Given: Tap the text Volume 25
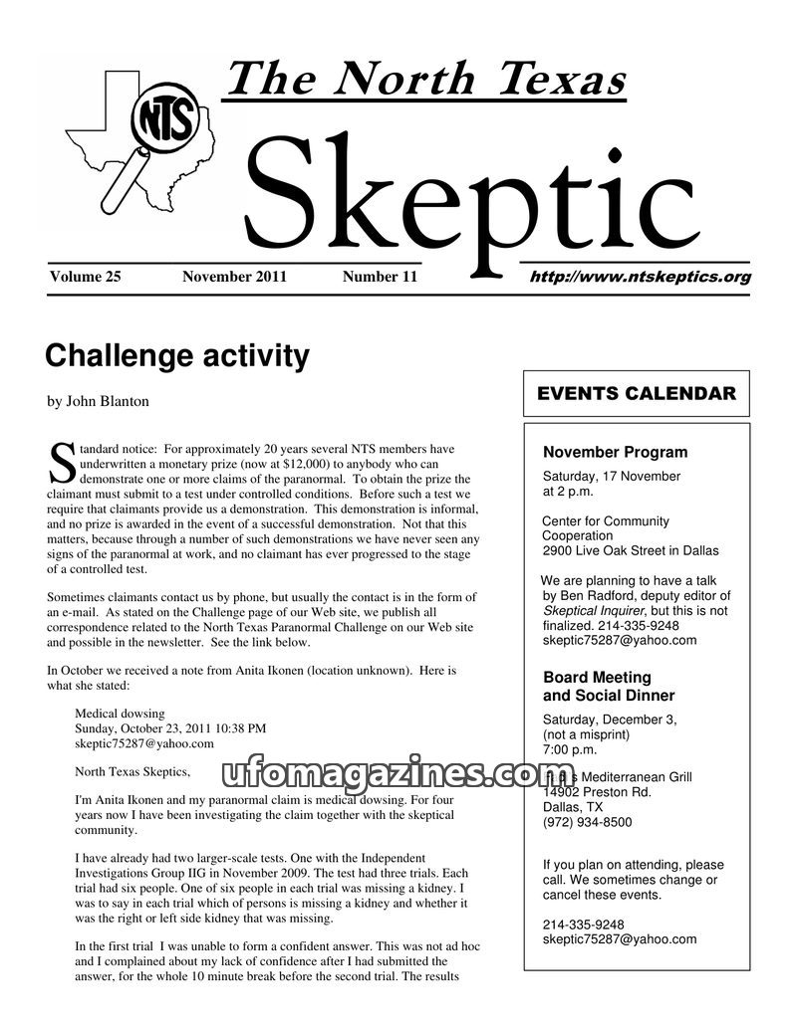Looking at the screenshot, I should pos(85,277).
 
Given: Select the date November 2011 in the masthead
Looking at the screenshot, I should pos(234,277).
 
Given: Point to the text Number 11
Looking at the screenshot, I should pos(380,277).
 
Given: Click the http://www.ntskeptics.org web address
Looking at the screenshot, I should pos(641,278).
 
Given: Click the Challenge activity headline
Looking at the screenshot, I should pos(177,355).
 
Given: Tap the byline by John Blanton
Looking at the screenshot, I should pos(98,401).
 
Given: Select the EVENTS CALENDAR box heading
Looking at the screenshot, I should pos(637,393).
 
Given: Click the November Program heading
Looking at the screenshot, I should pos(615,452).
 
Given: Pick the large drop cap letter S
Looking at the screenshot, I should pos(61,461).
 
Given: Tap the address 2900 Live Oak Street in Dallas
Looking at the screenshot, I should pos(630,550).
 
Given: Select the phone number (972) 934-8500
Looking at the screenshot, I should pos(587,822).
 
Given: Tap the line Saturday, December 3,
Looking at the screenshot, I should pos(609,720).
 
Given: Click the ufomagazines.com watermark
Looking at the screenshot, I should pos(398,773).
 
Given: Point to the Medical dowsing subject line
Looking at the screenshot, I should pos(120,714).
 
